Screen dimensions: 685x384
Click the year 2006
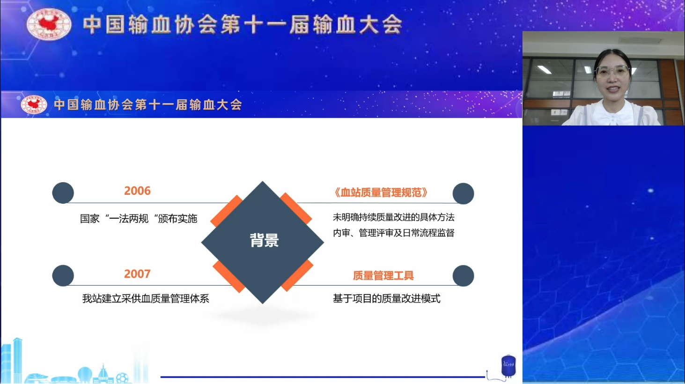coord(137,191)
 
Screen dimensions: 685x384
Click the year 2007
coord(137,274)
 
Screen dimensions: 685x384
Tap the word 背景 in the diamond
coord(264,240)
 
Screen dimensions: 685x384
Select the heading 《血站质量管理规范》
coord(381,192)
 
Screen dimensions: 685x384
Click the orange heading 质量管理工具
coord(383,275)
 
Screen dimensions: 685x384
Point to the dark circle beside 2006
coord(63,193)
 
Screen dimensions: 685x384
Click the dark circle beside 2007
coord(63,275)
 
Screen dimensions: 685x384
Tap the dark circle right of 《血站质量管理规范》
coord(463,193)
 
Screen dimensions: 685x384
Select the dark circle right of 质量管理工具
coord(463,276)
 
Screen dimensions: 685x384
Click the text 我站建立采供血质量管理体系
coord(146,299)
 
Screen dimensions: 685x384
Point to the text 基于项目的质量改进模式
coord(387,299)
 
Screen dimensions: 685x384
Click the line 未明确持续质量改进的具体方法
coord(394,217)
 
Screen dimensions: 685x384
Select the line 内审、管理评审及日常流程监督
coord(394,233)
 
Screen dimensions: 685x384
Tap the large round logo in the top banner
coord(49,24)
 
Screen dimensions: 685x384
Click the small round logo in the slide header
coord(34,104)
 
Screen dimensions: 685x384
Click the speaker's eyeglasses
coord(612,71)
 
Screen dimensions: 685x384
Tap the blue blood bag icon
coord(508,366)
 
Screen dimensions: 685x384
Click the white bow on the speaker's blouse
coord(613,118)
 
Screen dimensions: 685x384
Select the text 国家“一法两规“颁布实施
coord(139,219)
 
